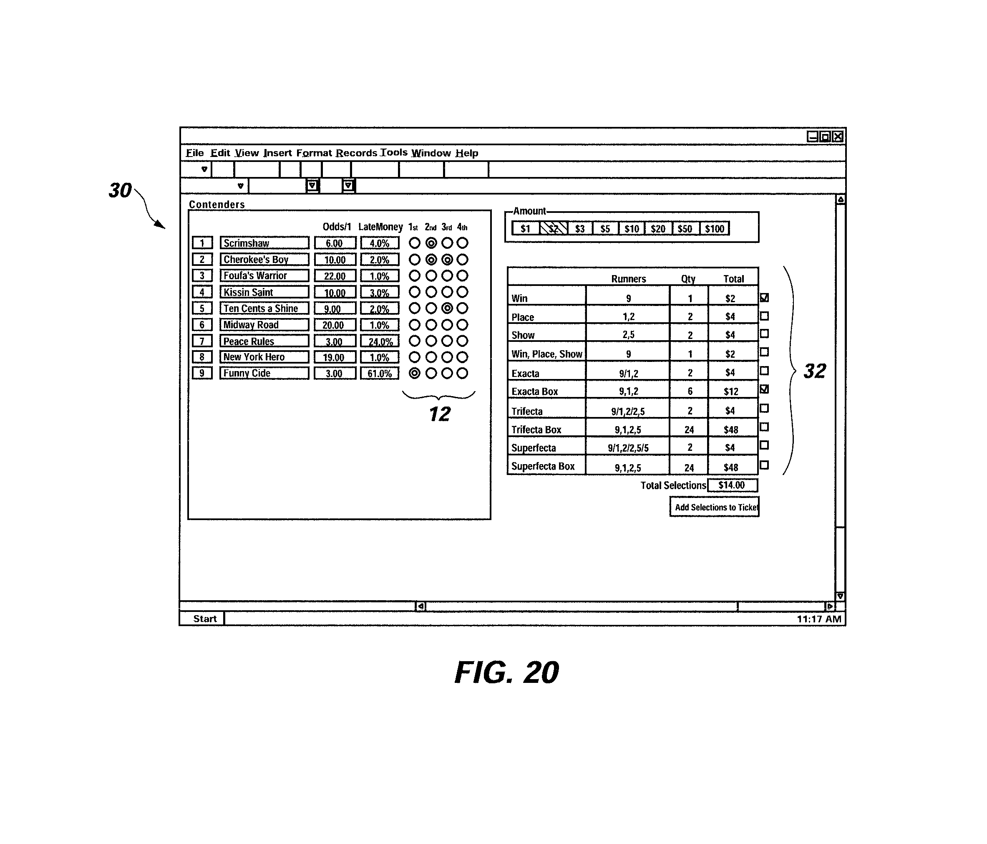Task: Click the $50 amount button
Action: [685, 229]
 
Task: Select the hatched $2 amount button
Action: [553, 229]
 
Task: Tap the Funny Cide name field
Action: [264, 373]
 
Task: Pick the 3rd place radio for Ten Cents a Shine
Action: [447, 308]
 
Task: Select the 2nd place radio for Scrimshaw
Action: [431, 243]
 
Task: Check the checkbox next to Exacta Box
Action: [764, 389]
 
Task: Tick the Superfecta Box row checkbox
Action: [764, 465]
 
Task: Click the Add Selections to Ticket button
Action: [714, 507]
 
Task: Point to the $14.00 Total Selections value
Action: [732, 485]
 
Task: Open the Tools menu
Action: [394, 152]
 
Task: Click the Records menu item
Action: [356, 153]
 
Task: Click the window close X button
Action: [838, 137]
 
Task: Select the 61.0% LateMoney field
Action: [380, 373]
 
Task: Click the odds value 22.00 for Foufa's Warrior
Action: [335, 276]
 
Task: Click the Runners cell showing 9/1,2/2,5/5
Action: [628, 447]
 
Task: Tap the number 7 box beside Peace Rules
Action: [202, 341]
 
